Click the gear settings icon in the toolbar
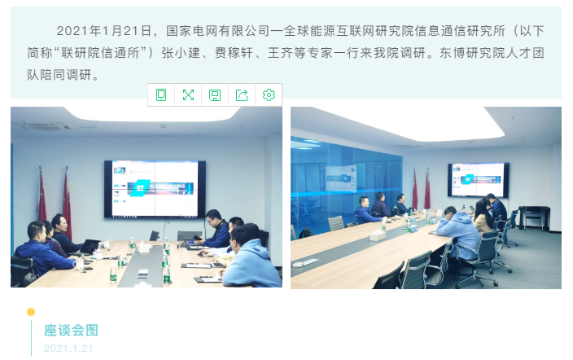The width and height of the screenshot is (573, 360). pos(269,94)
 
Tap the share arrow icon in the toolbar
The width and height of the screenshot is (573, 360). pos(242,94)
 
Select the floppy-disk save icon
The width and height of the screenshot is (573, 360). pos(215,95)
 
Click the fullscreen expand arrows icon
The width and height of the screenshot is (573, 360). pos(188,94)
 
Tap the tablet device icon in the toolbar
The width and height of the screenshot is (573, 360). pos(161,94)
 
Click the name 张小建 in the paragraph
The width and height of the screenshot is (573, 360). pos(181,53)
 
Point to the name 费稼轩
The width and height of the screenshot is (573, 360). pos(234,53)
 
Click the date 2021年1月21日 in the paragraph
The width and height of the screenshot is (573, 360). pos(104,31)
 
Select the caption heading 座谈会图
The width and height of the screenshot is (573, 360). pos(71,330)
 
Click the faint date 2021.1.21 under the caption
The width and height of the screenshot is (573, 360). pos(68,349)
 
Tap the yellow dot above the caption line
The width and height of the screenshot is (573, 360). pos(31,312)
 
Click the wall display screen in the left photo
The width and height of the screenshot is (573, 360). pos(155,189)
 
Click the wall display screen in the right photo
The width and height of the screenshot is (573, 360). pos(479,180)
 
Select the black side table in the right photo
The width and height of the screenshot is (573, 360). pos(534,217)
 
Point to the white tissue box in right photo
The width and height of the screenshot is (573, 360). pos(377,235)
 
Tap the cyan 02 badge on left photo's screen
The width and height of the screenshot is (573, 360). pos(140,187)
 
